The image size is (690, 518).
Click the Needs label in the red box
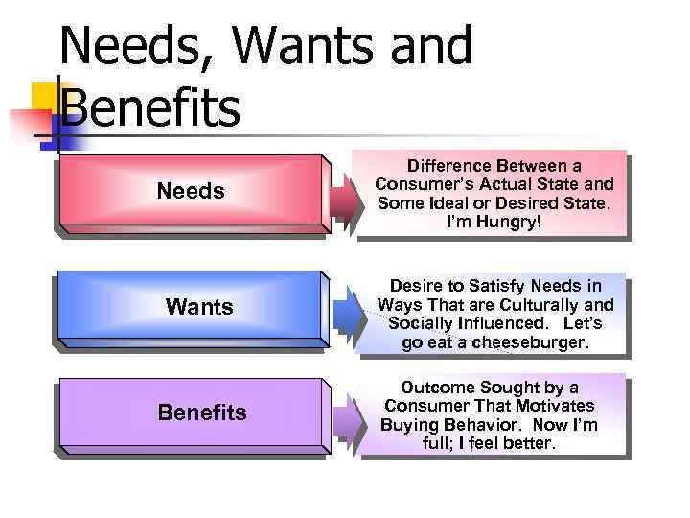pyautogui.click(x=191, y=192)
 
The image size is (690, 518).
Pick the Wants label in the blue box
pyautogui.click(x=199, y=307)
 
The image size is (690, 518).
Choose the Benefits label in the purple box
pyautogui.click(x=202, y=412)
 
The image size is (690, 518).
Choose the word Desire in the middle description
pyautogui.click(x=417, y=286)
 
